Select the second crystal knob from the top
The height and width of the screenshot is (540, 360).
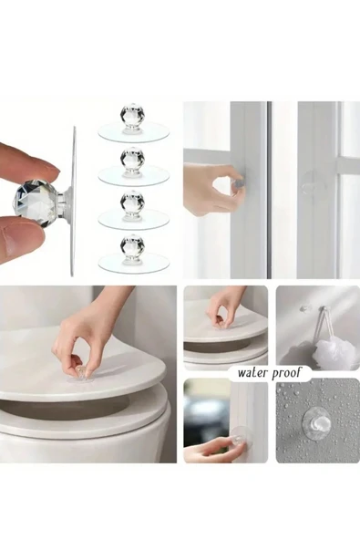coord(132,159)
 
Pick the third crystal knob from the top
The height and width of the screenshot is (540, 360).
coord(132,202)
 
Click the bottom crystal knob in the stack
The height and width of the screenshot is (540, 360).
coord(132,245)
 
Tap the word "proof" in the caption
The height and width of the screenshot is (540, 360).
coord(286,373)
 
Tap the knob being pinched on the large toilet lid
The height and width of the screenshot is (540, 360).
coord(81,374)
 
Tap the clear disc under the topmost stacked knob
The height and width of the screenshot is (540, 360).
coord(134,132)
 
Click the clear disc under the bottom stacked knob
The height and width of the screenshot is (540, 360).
coord(134,262)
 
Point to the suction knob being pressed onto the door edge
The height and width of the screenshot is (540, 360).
coord(240,437)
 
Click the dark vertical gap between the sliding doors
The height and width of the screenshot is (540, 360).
coord(270,190)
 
